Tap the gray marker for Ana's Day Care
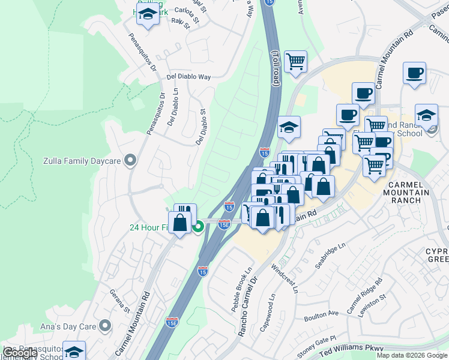click(106, 326)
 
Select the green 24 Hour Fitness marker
click(198, 227)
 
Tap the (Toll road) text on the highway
click(276, 68)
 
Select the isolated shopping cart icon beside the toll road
click(295, 61)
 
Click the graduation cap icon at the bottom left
click(74, 352)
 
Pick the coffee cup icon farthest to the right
click(414, 73)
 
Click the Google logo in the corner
click(20, 353)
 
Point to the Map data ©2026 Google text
click(411, 355)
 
